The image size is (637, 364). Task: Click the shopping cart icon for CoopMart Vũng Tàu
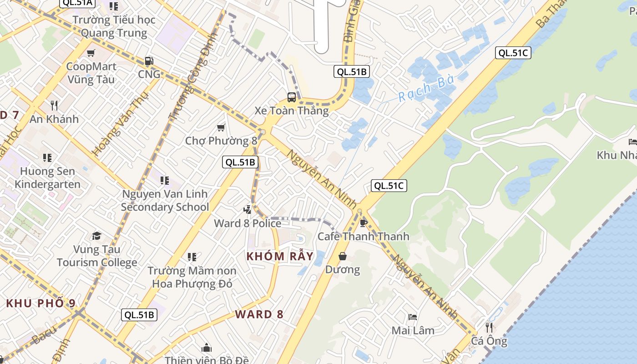91,53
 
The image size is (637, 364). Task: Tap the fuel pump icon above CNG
149,61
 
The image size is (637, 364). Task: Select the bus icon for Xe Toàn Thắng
291,97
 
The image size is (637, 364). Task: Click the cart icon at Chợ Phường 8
221,127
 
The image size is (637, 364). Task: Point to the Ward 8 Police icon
247,209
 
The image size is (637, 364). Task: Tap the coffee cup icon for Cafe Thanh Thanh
363,222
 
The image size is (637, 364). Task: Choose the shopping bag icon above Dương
343,256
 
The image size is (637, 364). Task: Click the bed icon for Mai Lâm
413,317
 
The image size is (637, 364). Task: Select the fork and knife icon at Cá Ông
489,327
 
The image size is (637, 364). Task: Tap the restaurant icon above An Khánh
54,106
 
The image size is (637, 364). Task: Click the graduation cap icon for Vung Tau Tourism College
96,236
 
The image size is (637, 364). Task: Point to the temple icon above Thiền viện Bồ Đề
207,348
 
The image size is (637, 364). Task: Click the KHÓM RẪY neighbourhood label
280,256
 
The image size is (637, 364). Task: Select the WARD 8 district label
259,314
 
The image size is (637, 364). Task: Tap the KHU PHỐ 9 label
41,303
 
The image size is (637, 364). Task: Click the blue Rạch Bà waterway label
426,89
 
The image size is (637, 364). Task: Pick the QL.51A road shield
77,2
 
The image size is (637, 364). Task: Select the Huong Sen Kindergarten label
47,178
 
